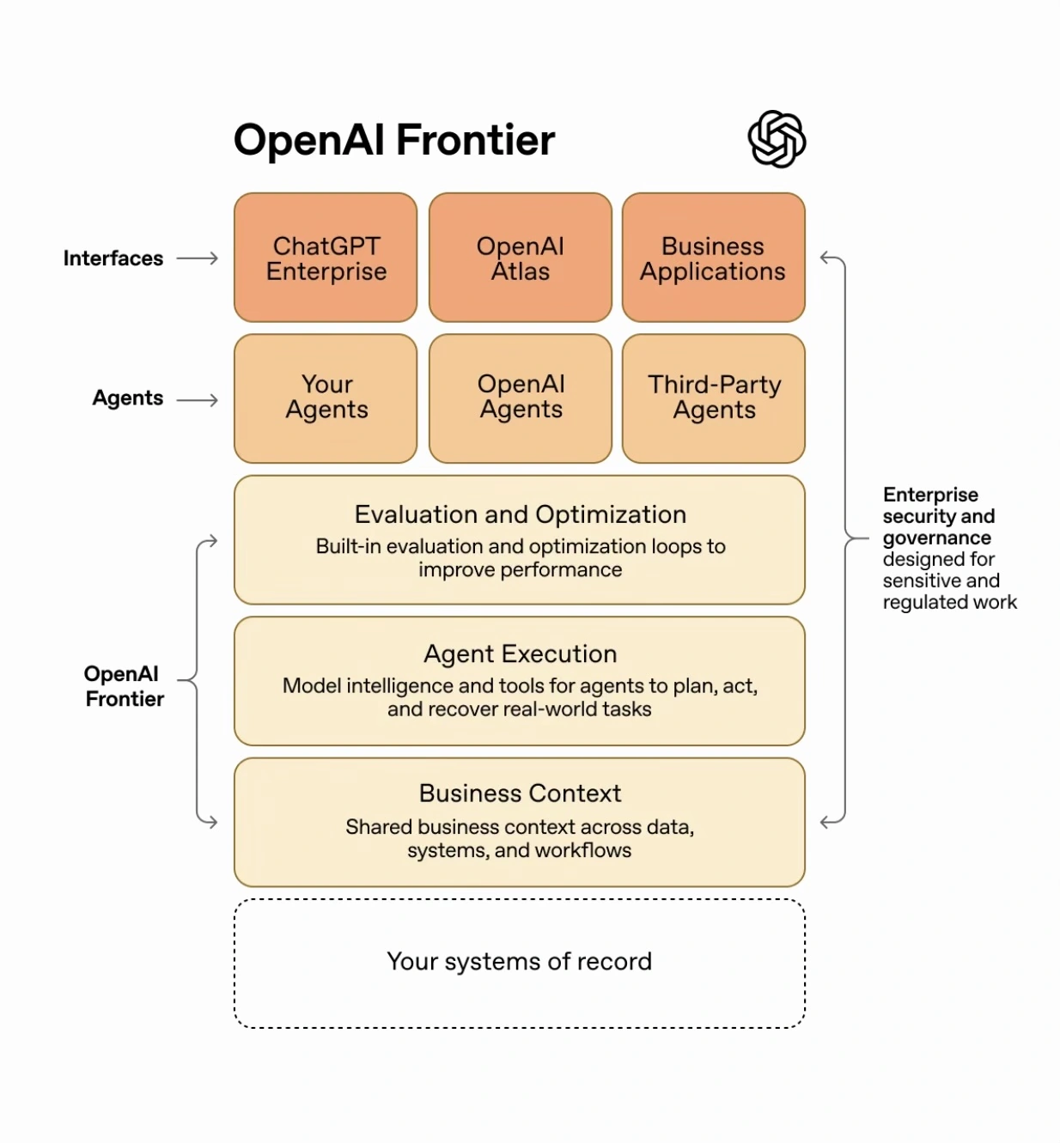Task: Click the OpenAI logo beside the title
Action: [777, 139]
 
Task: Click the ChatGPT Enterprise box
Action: [326, 258]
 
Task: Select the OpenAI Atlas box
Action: [520, 258]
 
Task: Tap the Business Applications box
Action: [713, 258]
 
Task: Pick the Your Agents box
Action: [326, 398]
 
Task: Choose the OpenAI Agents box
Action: [520, 398]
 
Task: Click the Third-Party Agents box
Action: [713, 398]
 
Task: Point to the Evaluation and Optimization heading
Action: [520, 514]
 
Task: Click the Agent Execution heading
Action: [520, 654]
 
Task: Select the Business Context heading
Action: [520, 793]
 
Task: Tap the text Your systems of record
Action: [519, 961]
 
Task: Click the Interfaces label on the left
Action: [113, 258]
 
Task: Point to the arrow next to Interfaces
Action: [198, 258]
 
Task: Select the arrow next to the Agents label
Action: [198, 400]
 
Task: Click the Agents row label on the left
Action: [127, 398]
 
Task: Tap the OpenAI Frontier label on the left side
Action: [124, 686]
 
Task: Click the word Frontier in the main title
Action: [475, 140]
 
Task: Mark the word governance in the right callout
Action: [936, 538]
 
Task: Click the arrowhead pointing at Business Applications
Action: [825, 258]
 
